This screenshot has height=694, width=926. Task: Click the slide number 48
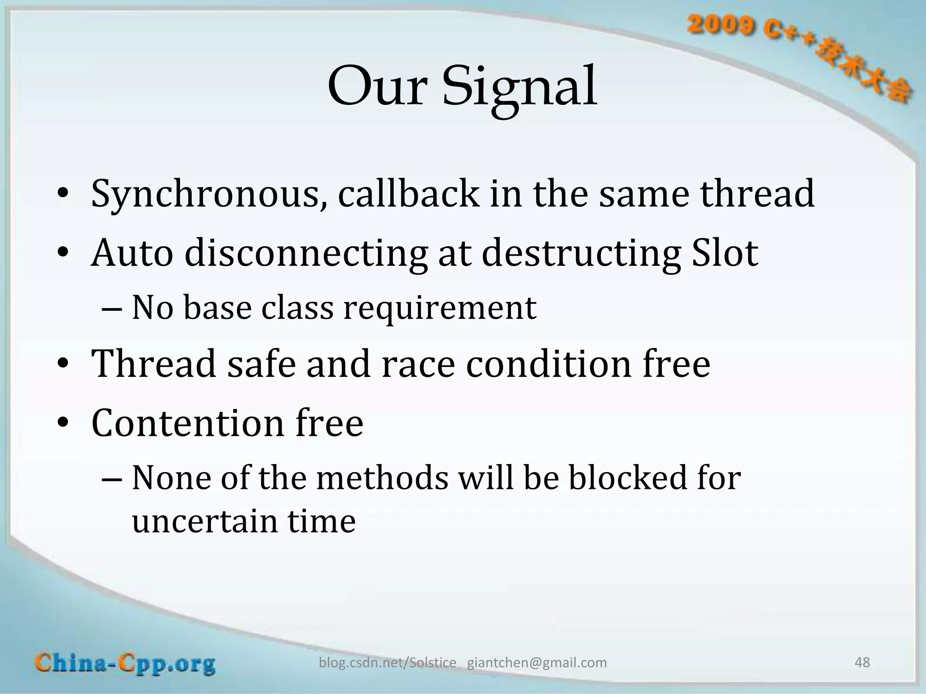(x=862, y=662)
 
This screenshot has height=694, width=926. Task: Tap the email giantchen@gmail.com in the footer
(x=537, y=663)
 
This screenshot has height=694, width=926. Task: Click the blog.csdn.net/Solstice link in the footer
(x=387, y=663)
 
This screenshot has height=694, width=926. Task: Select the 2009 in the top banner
(x=721, y=26)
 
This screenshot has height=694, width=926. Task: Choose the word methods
(x=382, y=478)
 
